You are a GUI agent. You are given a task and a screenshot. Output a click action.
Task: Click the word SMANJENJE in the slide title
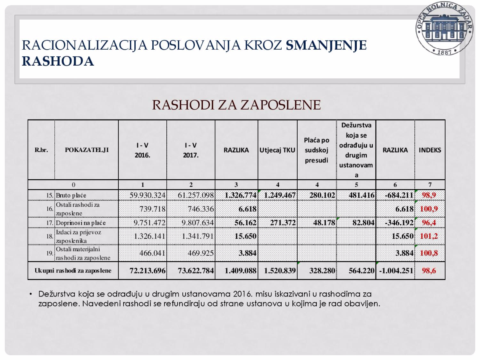326,45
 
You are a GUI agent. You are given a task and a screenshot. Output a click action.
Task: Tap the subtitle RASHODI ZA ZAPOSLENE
236,105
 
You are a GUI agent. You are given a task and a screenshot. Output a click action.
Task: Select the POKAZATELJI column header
86,150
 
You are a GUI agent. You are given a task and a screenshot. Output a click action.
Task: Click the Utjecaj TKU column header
277,150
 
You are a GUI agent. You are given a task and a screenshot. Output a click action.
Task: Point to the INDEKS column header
430,150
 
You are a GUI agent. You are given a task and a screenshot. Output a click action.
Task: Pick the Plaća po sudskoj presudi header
317,150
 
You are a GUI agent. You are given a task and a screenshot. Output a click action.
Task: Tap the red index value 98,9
430,195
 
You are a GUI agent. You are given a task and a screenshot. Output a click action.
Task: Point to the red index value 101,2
429,236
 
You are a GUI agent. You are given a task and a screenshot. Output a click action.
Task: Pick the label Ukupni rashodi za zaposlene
73,271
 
